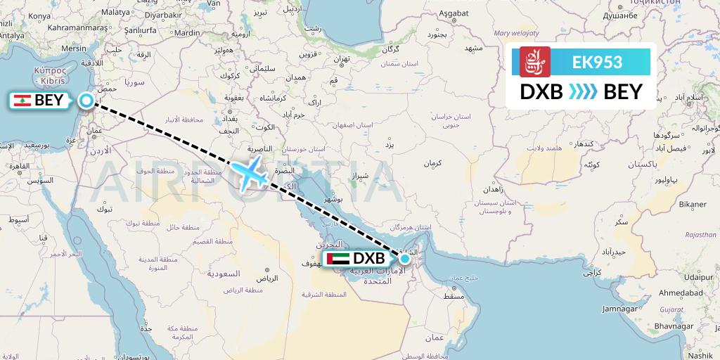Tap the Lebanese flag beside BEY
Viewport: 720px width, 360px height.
pyautogui.click(x=22, y=101)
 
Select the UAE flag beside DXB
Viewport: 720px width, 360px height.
pyautogui.click(x=338, y=259)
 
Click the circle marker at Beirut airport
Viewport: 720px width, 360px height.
pyautogui.click(x=86, y=101)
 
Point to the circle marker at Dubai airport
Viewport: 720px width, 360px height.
pyautogui.click(x=404, y=259)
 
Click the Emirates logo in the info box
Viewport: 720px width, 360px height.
pyautogui.click(x=534, y=62)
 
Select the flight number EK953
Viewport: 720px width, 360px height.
pyautogui.click(x=597, y=62)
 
